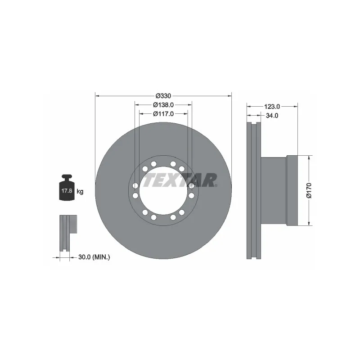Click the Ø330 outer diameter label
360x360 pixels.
pos(163,96)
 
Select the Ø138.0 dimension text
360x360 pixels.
pos(163,104)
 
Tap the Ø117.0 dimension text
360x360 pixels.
pos(163,113)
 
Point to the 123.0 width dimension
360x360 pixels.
pos(272,107)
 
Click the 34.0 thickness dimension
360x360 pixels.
pos(272,115)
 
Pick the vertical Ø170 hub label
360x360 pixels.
pos(309,190)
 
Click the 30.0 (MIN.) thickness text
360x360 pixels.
pos(94,257)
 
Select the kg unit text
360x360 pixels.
pos(80,192)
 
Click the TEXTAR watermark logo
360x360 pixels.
pos(180,180)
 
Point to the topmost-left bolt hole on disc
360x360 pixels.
pos(154,164)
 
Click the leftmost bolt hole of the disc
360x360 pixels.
pos(135,185)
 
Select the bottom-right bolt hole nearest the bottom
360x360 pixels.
pos(173,217)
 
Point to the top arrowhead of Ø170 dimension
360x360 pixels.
pos(309,158)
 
